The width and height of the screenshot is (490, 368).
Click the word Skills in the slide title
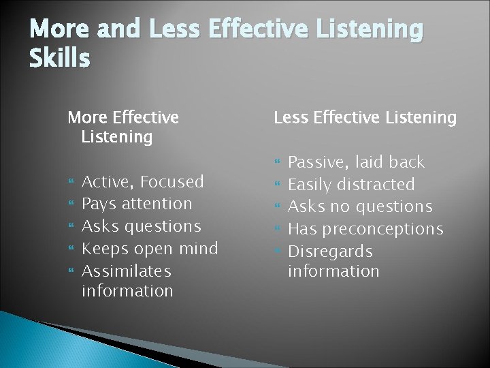59,59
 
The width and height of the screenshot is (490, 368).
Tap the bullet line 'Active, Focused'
142,181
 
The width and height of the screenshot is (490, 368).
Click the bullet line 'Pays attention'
137,203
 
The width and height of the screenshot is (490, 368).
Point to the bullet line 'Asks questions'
141,226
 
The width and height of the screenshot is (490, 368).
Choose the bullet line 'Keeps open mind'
150,248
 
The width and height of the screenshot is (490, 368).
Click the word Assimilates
126,271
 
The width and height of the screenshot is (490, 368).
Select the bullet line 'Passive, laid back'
356,162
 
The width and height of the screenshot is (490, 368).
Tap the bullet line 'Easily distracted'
351,184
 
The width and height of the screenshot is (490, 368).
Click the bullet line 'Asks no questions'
360,206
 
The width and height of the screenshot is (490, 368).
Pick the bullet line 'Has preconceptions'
365,229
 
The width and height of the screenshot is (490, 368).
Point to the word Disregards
330,251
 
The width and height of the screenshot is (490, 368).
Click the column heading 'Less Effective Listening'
365,118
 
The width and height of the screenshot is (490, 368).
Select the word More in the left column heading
88,118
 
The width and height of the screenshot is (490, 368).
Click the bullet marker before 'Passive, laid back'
276,163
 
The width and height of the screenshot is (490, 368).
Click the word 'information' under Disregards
333,271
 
